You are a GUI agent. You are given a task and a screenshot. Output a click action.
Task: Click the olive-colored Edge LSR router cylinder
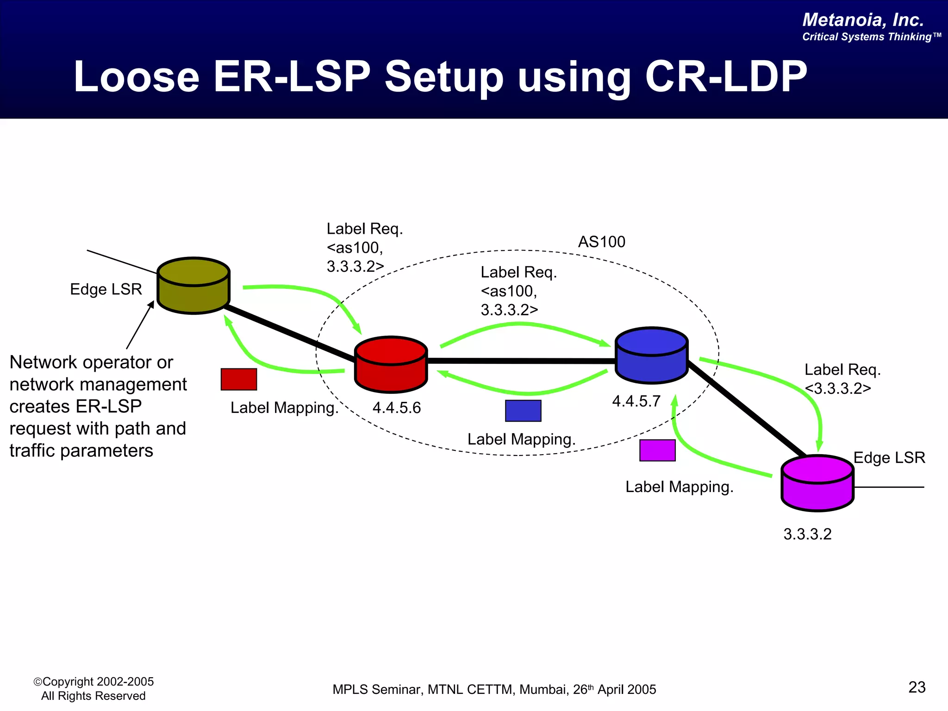(x=193, y=286)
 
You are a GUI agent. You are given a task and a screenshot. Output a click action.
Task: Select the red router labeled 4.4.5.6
(x=391, y=364)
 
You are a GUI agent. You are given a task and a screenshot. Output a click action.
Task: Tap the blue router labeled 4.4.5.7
(x=652, y=355)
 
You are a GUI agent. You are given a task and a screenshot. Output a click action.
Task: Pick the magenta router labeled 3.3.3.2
(x=817, y=483)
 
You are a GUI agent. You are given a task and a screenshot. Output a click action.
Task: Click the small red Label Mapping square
(x=239, y=380)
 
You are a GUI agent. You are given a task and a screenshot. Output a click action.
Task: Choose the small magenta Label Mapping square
(x=657, y=450)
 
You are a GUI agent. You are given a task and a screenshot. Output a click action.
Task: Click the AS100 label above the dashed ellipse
(x=601, y=242)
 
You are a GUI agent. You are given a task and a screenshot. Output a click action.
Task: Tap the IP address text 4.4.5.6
(x=397, y=408)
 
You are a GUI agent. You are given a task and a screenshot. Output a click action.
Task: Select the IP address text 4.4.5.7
(x=636, y=401)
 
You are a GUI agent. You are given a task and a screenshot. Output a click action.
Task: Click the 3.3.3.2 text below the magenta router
(x=807, y=534)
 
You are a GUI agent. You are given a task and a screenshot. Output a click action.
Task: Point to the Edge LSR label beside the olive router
(x=106, y=289)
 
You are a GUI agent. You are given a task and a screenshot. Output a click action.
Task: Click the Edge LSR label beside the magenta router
(x=889, y=458)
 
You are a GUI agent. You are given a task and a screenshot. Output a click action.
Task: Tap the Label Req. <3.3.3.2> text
(x=842, y=379)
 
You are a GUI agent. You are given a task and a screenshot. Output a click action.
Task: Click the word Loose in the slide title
(x=137, y=77)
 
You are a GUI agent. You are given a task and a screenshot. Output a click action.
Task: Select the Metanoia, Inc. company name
(x=863, y=20)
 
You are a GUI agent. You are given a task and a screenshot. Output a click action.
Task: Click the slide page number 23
(x=917, y=687)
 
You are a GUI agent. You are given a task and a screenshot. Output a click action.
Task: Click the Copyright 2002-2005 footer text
(x=94, y=682)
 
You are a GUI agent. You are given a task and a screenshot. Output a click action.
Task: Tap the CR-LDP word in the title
(x=725, y=77)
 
